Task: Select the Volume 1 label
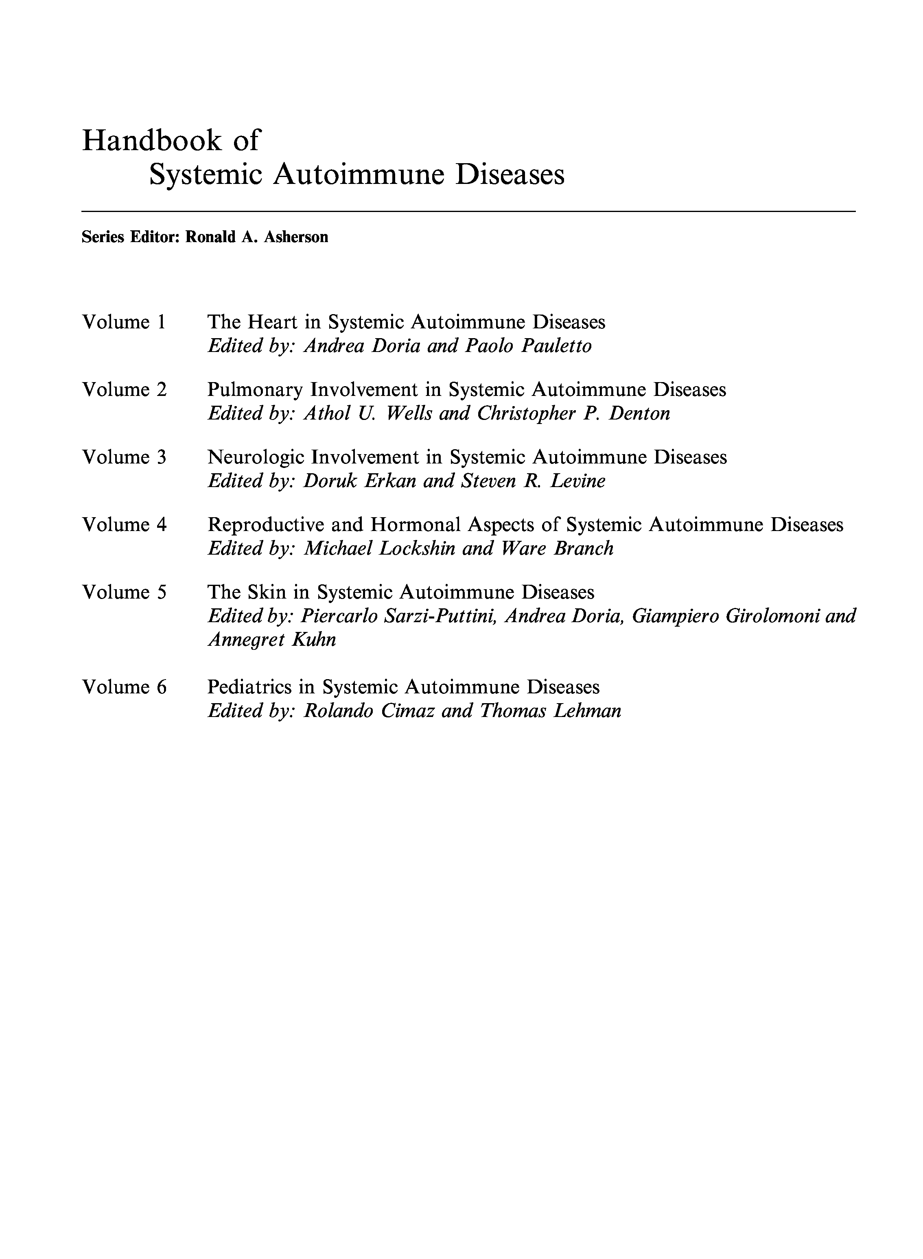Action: (124, 322)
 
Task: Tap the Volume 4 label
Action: (124, 525)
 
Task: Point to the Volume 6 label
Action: (124, 687)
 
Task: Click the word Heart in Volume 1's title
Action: (272, 322)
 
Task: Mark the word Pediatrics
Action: (249, 687)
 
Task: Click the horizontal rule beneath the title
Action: (468, 212)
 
